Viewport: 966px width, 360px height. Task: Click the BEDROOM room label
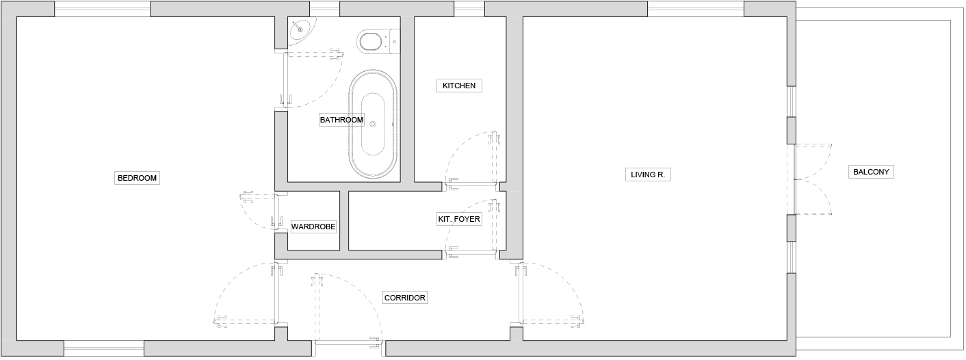point(137,178)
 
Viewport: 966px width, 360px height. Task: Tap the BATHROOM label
point(341,120)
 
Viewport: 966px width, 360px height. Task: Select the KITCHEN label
point(459,86)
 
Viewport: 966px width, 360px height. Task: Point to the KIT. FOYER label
point(459,219)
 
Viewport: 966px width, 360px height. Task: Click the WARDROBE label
point(313,227)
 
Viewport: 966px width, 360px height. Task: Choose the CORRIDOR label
point(404,298)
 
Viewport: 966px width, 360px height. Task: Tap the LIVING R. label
point(648,175)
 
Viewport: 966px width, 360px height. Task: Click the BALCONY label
point(871,172)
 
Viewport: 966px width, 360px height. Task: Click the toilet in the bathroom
point(378,42)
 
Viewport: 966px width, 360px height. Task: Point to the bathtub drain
point(373,125)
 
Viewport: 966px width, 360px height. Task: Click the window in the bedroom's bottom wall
point(104,348)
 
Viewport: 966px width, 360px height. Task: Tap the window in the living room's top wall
point(696,9)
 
